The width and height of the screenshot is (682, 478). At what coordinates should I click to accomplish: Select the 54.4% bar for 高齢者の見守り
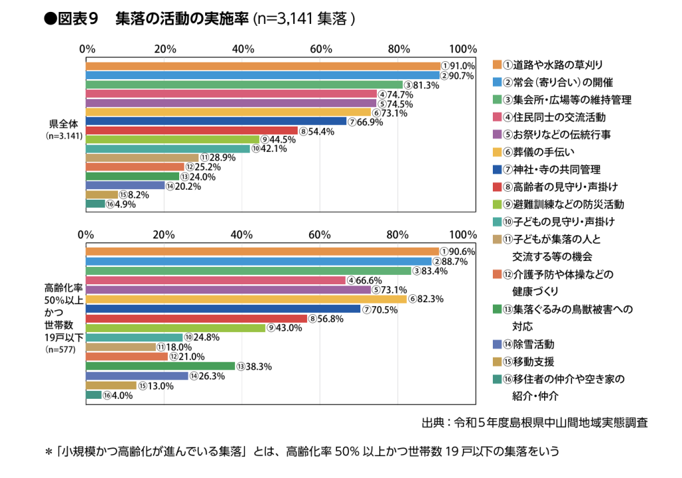pyautogui.click(x=192, y=130)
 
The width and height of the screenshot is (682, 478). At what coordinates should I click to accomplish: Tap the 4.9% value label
pyautogui.click(x=124, y=204)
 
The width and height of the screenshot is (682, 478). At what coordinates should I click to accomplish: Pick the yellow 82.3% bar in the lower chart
pyautogui.click(x=246, y=300)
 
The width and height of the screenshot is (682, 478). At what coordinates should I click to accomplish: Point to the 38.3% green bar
pyautogui.click(x=161, y=366)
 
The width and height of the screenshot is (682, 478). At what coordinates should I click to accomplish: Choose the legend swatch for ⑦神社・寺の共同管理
pyautogui.click(x=497, y=169)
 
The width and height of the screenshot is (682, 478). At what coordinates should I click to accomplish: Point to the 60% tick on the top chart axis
pyautogui.click(x=321, y=49)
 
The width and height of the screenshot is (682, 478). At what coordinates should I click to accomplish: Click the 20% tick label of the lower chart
pyautogui.click(x=164, y=234)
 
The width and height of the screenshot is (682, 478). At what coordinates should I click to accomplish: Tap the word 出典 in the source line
pyautogui.click(x=433, y=422)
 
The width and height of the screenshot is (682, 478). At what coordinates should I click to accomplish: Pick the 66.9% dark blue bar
pyautogui.click(x=216, y=121)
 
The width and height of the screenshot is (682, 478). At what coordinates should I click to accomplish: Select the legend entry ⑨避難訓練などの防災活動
pyautogui.click(x=563, y=204)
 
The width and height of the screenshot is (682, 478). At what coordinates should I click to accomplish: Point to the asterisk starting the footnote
pyautogui.click(x=48, y=451)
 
